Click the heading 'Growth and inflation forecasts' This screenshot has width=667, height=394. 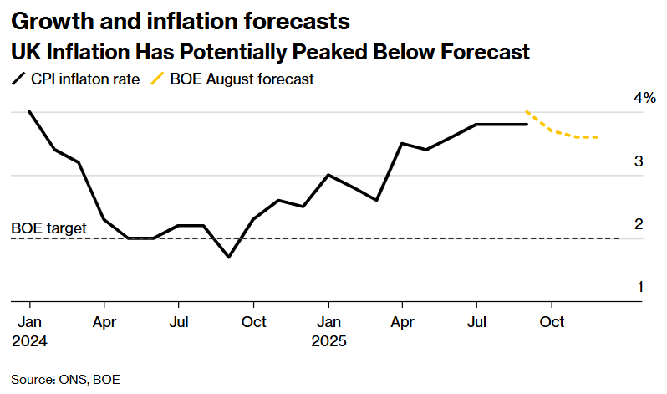[181, 19]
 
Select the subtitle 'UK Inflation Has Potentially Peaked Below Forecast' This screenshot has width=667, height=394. [270, 52]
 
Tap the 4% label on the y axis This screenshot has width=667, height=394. [644, 99]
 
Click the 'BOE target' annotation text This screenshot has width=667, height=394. [48, 227]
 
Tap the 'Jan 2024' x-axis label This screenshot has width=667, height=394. [29, 331]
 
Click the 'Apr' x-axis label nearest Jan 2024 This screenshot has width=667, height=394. [104, 321]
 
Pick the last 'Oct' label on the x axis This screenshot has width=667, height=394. [552, 321]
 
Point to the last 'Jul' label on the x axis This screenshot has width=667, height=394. [476, 321]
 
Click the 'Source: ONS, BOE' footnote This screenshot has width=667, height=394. [65, 379]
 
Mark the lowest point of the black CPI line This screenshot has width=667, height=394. [228, 257]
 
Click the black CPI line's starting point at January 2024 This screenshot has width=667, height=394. [29, 111]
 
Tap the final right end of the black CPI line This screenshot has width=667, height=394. [527, 125]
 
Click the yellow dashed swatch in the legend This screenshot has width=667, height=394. [157, 80]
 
